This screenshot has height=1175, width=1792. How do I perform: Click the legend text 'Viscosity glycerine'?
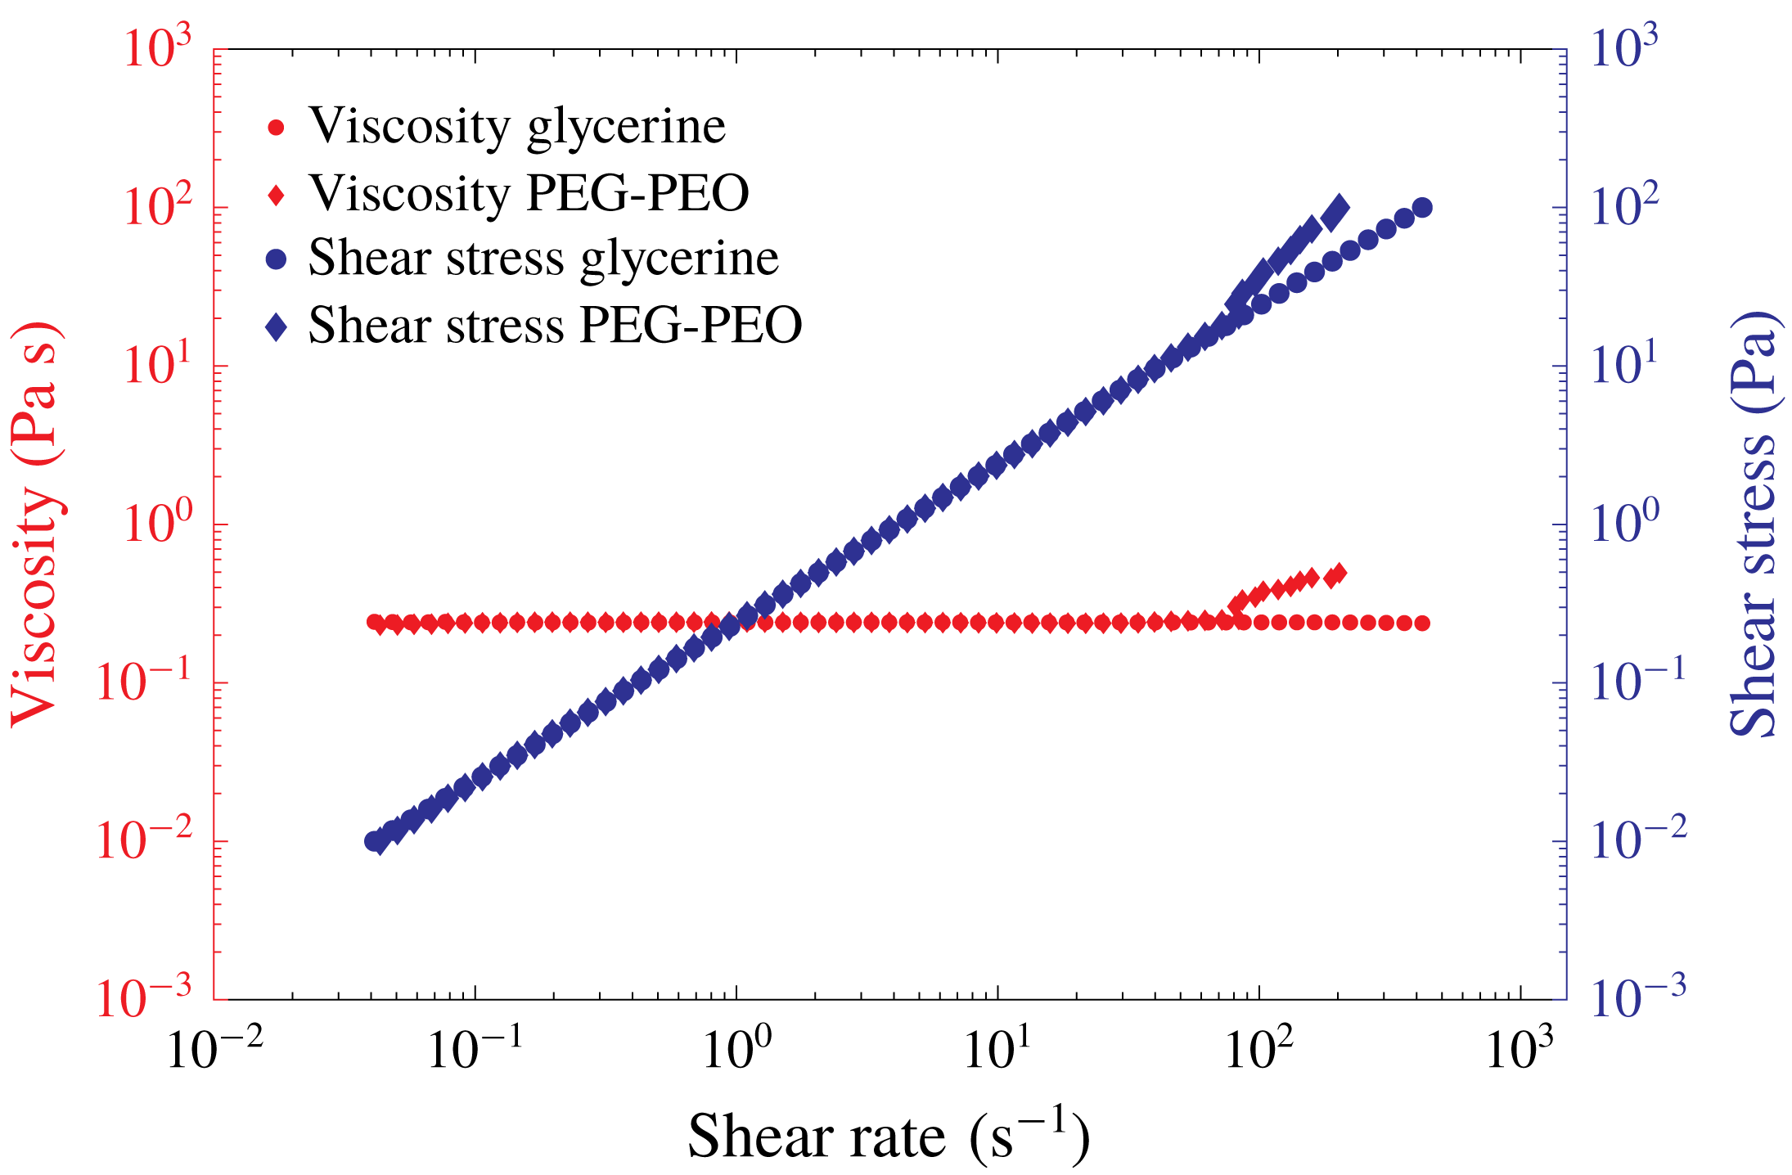[x=516, y=127]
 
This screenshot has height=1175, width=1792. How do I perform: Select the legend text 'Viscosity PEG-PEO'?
[x=529, y=194]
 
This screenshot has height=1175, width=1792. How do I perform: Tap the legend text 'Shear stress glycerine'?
[x=543, y=259]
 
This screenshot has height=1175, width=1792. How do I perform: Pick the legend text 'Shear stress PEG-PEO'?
[x=555, y=326]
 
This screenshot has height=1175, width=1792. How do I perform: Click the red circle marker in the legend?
[x=277, y=128]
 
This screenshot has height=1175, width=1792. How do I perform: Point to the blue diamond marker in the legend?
[x=277, y=327]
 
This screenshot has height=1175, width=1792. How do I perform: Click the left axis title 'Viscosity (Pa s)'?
[x=35, y=524]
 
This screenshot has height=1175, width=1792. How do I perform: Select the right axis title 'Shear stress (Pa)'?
[x=1754, y=524]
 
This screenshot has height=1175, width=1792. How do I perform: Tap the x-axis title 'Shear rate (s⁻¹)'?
[x=888, y=1136]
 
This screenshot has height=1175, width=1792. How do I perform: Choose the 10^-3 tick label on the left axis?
[x=143, y=997]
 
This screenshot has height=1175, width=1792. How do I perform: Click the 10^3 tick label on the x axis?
[x=1520, y=1048]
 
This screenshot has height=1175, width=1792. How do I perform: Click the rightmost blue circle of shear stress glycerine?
[x=1422, y=208]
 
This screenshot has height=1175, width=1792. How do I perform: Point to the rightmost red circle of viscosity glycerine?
[x=1422, y=624]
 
